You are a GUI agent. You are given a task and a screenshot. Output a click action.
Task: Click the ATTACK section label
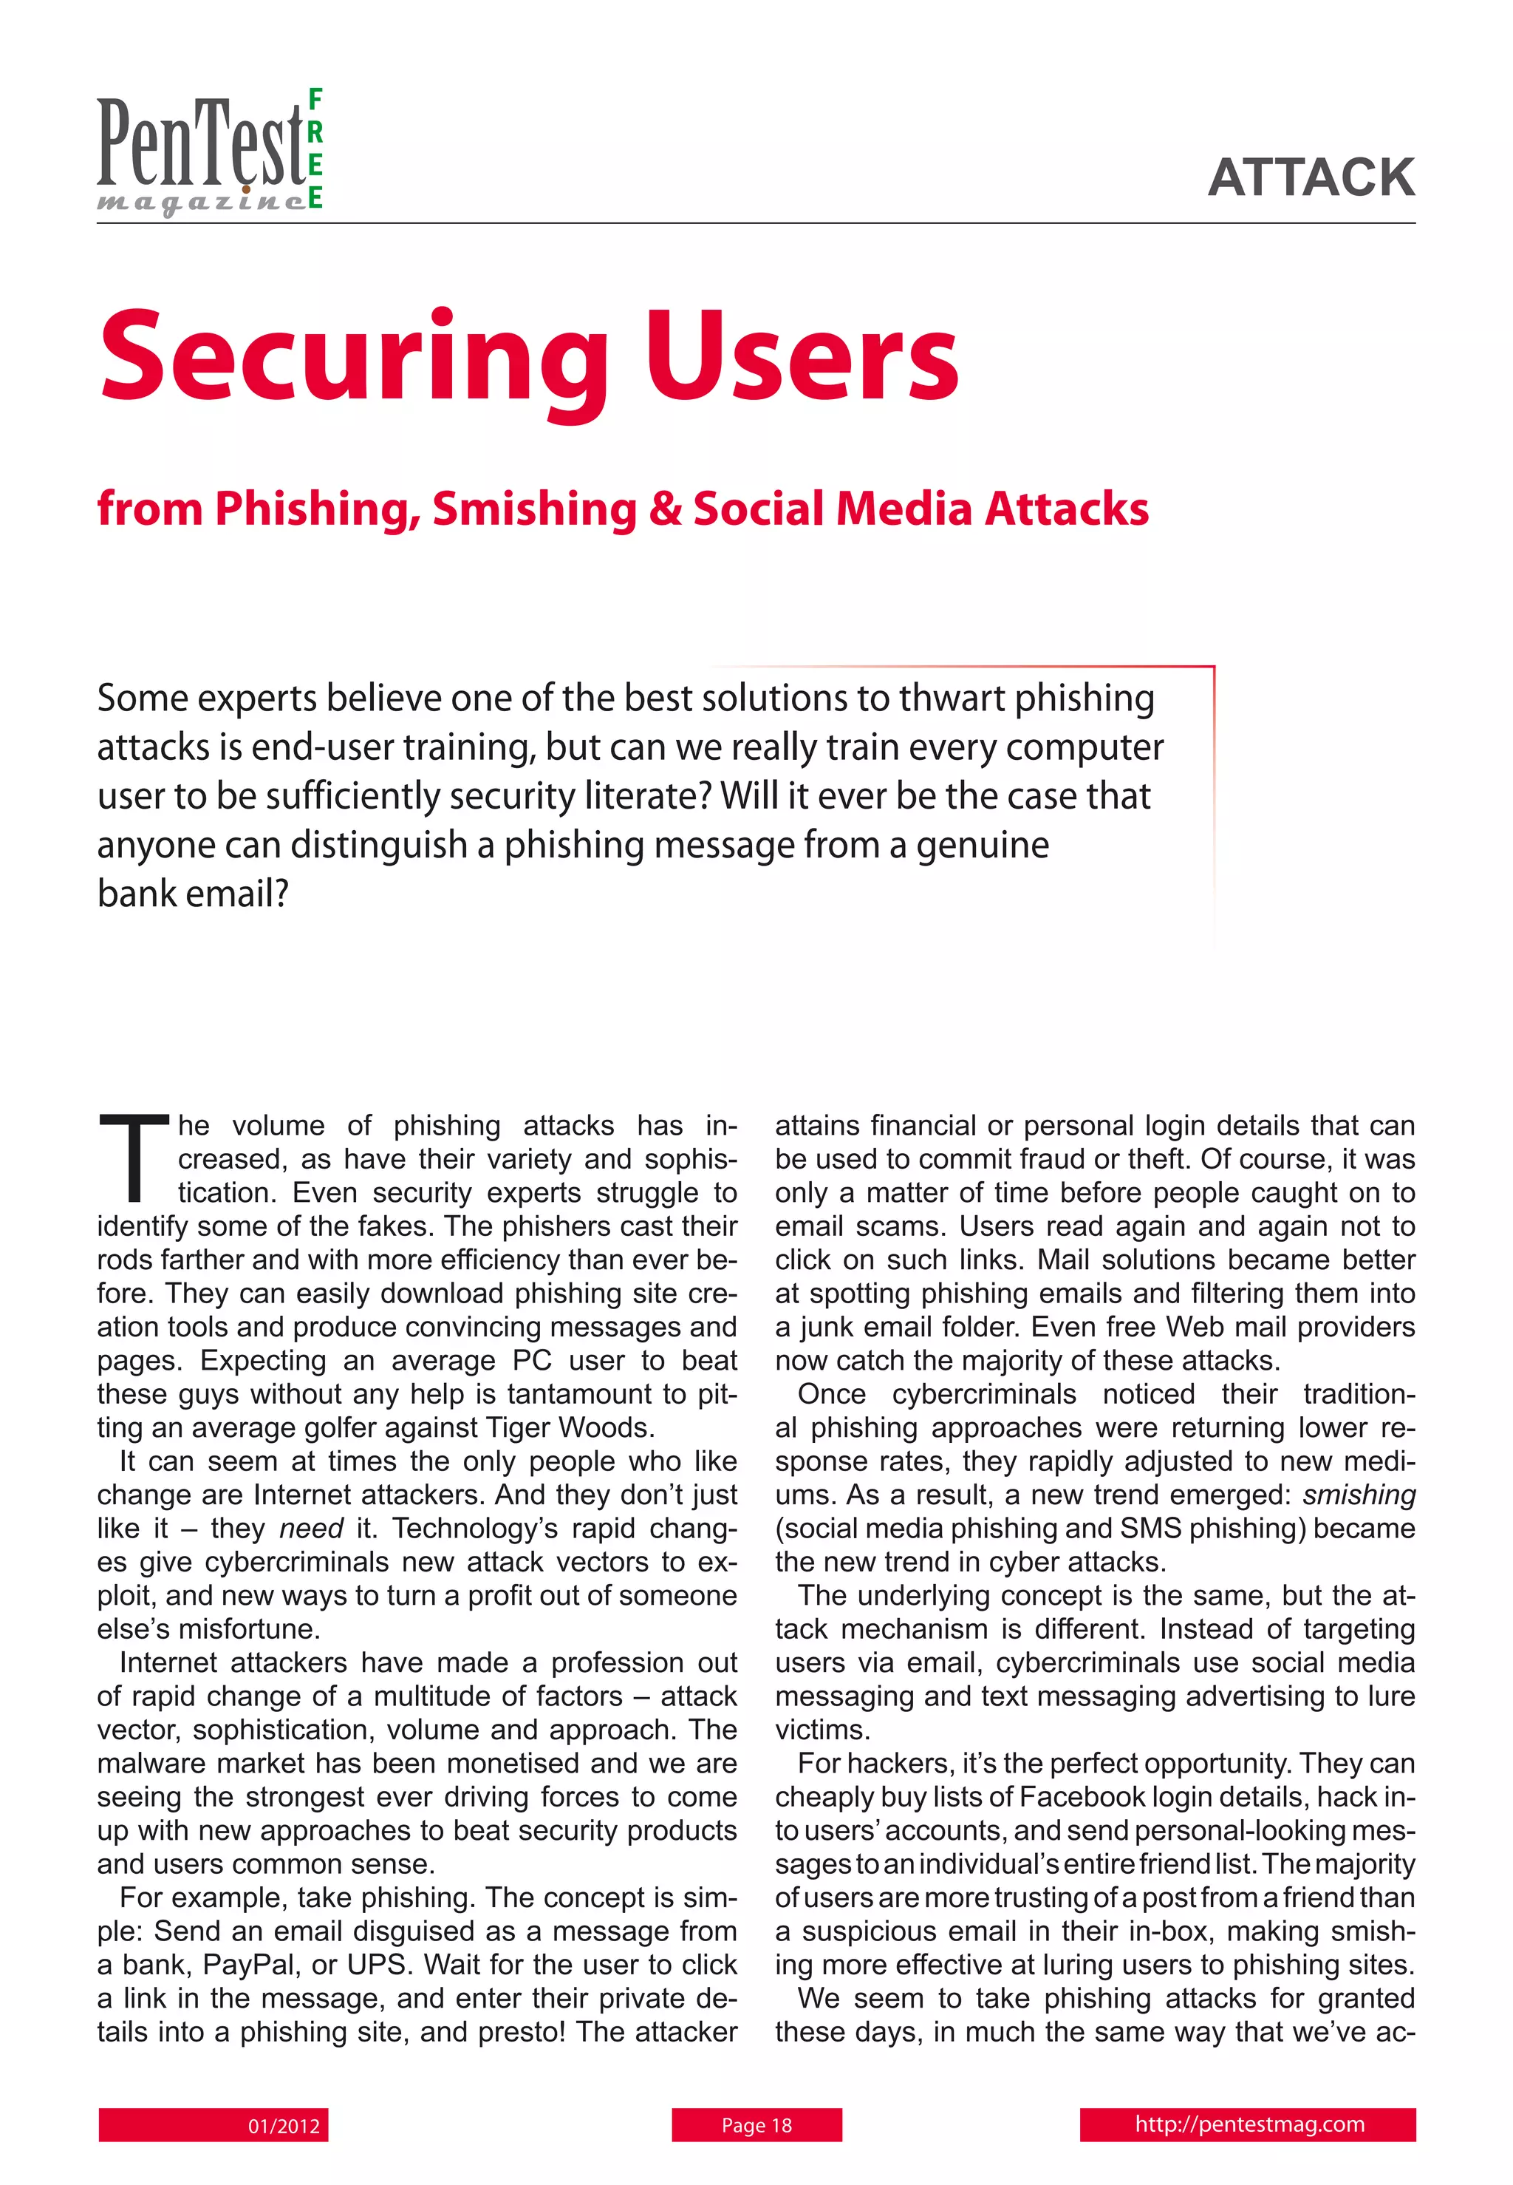pos(1311,177)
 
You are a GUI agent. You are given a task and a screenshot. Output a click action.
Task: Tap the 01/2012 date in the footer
pos(284,2125)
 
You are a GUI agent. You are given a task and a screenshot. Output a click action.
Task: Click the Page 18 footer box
pos(756,2124)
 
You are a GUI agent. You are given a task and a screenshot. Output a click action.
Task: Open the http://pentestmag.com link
pos(1249,2124)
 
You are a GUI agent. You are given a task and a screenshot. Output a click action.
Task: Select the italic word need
pos(311,1528)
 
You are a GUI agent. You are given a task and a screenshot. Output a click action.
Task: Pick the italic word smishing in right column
pos(1359,1495)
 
